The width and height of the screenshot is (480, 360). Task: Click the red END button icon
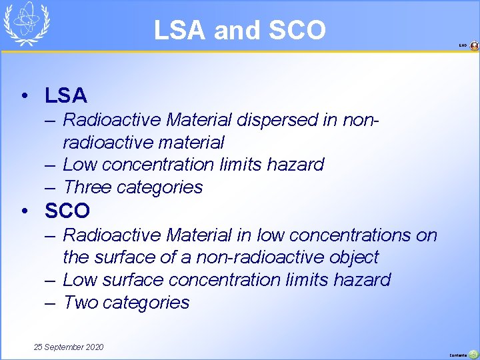point(474,46)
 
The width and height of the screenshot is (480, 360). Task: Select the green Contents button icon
point(473,354)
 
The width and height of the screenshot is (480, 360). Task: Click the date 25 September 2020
point(69,347)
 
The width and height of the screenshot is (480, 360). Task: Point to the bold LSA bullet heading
point(66,96)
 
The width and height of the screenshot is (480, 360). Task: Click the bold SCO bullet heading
point(67,211)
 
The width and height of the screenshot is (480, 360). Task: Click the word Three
point(87,187)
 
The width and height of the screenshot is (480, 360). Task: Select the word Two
point(81,303)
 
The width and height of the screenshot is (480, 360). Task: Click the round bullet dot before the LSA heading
point(25,96)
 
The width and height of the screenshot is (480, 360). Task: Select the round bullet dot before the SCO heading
point(25,211)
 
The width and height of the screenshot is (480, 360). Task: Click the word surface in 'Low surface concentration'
point(139,279)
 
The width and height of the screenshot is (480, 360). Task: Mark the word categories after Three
point(159,187)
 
